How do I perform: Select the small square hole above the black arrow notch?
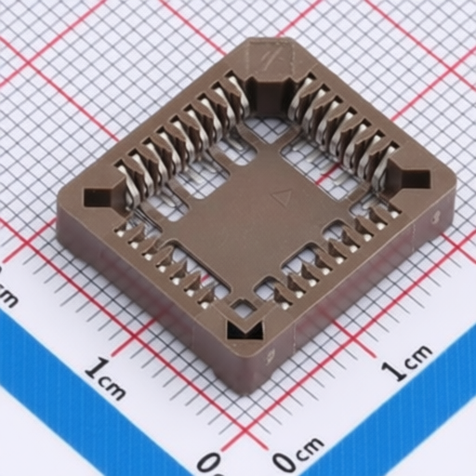(x=244, y=309)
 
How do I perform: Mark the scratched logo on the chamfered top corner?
(x=272, y=57)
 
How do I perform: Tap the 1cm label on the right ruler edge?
(x=406, y=362)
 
